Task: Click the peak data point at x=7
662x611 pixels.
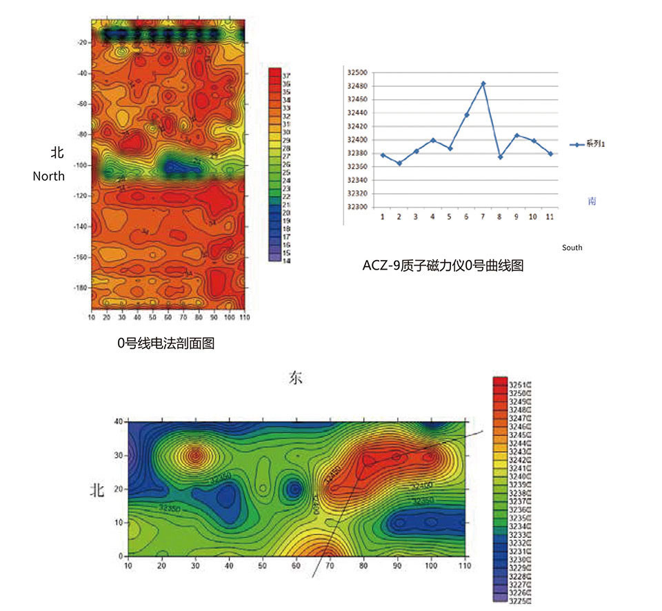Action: coord(483,83)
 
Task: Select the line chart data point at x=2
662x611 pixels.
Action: coord(399,163)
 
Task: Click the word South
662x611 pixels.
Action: coord(572,247)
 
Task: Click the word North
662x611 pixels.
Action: coord(48,176)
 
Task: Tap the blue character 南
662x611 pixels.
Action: coord(592,201)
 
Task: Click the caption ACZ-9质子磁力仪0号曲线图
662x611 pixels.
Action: coord(443,265)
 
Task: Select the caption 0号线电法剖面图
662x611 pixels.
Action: coord(165,342)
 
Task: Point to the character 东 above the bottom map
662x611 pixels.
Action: coord(295,378)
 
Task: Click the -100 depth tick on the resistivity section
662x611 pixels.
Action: coord(79,166)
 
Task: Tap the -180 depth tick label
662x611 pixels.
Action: coord(79,288)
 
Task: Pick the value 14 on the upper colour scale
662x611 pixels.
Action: coord(286,261)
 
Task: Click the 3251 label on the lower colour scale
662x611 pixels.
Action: coord(519,384)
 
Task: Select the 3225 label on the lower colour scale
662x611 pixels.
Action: coord(519,600)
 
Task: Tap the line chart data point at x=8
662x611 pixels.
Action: coord(500,157)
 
